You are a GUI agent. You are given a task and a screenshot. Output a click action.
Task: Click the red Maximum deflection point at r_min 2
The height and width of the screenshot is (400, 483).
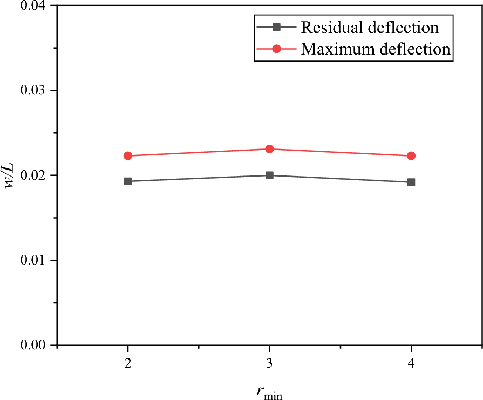pos(128,156)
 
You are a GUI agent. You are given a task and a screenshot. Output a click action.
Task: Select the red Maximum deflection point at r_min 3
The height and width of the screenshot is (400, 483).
pos(269,149)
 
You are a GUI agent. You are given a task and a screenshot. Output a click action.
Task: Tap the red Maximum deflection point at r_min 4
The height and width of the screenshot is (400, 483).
pos(411,156)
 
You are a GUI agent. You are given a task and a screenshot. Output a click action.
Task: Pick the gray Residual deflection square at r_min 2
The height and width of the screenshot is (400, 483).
pos(128,181)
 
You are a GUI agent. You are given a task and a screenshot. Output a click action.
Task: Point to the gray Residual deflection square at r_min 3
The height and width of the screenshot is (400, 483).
pos(269,175)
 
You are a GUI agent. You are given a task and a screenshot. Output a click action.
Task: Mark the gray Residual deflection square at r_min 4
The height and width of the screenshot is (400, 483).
pos(411,182)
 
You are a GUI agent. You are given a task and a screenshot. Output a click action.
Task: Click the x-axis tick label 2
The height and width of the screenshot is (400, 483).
pos(128,364)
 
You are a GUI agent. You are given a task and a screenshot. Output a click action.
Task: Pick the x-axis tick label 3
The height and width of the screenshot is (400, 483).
pos(269,364)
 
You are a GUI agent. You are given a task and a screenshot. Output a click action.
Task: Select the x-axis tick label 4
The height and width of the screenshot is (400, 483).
pos(411,364)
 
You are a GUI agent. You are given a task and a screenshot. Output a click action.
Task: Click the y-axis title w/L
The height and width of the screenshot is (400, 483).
pos(10,175)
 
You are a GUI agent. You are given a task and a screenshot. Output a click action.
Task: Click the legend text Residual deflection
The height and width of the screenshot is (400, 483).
pos(370,27)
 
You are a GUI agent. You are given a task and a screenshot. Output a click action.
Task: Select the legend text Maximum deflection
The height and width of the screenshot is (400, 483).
pos(376,49)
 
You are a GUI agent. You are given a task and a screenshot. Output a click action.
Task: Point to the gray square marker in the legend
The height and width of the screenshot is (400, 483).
pos(276,27)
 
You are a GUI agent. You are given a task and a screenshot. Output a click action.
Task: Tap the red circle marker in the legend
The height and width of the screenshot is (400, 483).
pos(276,49)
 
